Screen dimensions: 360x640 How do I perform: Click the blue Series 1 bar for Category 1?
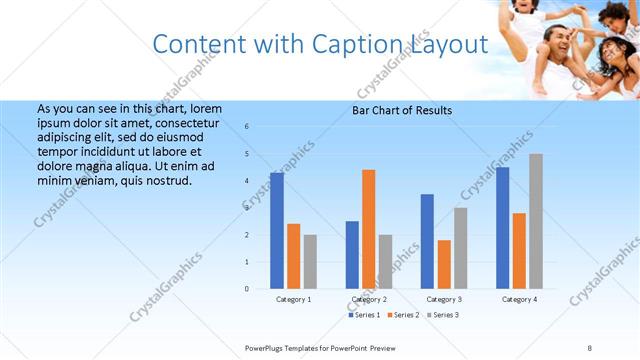point(277,231)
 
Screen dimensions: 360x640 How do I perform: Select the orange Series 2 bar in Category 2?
point(368,229)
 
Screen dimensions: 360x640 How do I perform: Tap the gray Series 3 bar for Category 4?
point(536,221)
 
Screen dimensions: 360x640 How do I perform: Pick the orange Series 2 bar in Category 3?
point(443,264)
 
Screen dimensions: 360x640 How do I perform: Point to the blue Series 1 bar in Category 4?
point(502,228)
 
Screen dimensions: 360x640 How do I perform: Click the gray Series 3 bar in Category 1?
point(310,262)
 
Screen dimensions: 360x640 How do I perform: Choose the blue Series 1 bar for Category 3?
point(427,241)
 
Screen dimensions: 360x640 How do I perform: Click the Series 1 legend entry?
point(364,315)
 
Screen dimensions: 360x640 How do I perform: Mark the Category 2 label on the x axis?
point(369,299)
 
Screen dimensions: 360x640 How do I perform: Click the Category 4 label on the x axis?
point(519,299)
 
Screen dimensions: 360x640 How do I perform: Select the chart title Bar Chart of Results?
point(402,110)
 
